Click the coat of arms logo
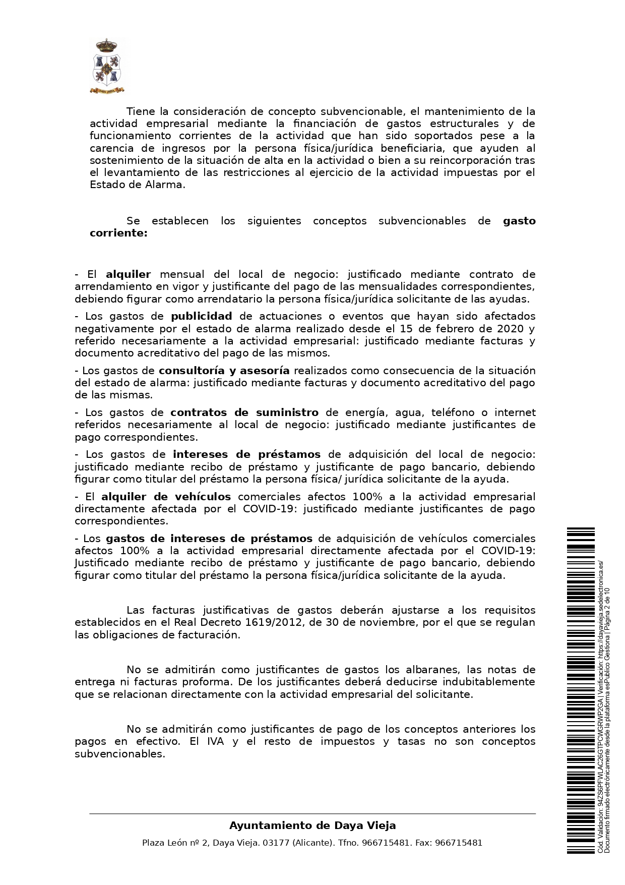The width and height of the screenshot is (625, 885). (x=108, y=67)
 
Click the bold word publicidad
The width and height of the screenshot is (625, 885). (x=201, y=316)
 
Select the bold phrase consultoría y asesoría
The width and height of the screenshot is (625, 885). (x=224, y=371)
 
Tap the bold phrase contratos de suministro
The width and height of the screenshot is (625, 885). (x=244, y=412)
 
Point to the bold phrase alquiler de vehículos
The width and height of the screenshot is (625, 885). (x=166, y=497)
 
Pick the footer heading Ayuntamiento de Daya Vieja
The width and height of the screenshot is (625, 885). (x=312, y=825)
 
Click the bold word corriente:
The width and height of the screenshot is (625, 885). (x=118, y=233)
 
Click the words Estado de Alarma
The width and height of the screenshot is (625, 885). (x=137, y=185)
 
